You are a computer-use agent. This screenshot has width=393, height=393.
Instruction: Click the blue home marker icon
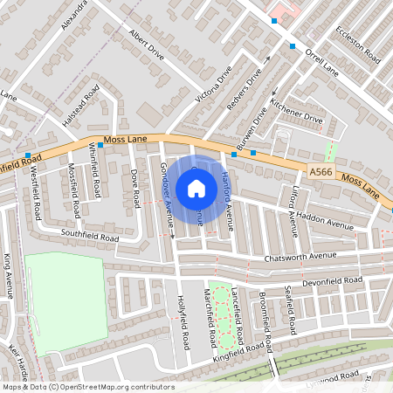coord(196,189)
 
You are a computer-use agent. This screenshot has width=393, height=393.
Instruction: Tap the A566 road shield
coord(320,174)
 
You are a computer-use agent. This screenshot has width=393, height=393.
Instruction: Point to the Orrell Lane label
coord(320,58)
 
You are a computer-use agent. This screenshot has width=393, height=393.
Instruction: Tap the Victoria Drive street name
coord(214,84)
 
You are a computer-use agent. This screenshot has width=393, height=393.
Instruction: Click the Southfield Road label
coord(89,236)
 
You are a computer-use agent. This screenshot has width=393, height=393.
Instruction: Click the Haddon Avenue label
coord(322,220)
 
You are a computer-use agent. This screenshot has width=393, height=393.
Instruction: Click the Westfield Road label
coord(36,193)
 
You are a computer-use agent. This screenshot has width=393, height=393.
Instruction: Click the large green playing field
coord(64,301)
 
